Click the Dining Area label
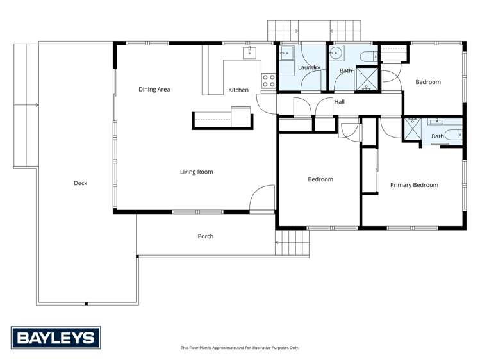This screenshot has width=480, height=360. (x=154, y=90)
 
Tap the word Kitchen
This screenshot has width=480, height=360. (x=238, y=90)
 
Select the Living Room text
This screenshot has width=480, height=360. (x=196, y=172)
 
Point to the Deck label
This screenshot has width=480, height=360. (x=80, y=183)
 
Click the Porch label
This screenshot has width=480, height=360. (x=205, y=236)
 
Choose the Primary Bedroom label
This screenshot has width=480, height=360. (x=414, y=185)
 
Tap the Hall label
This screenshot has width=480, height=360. (x=339, y=102)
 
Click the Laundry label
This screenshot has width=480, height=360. (x=309, y=67)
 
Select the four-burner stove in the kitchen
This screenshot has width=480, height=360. (x=269, y=81)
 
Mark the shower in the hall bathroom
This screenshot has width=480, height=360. (x=367, y=79)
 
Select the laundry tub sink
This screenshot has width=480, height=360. (x=286, y=54)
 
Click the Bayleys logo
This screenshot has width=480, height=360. (x=56, y=338)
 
